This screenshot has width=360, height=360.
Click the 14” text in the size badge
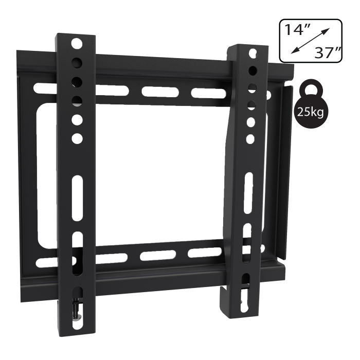pos(297,30)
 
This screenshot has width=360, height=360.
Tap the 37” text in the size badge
pos(327,52)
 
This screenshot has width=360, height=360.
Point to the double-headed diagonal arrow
pos(310,41)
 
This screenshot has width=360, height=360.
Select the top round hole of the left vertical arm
pos(77,43)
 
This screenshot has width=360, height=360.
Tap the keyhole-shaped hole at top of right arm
pos(253,52)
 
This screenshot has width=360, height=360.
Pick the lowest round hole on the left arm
pos(77,138)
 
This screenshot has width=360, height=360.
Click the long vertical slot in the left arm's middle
pos(77,199)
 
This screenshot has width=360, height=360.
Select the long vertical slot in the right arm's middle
pos(248,193)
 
